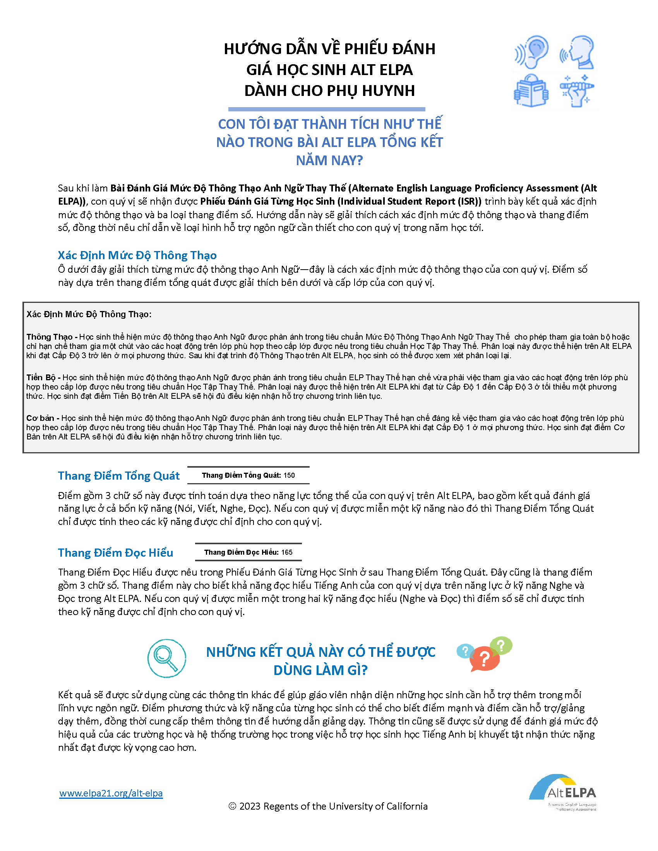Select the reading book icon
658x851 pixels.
531,91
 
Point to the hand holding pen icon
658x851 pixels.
577,91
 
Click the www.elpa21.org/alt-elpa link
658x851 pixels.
111,793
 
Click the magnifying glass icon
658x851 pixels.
166,658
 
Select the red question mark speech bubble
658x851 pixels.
484,659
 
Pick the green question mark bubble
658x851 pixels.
501,646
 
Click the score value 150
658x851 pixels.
289,475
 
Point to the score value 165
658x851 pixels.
286,552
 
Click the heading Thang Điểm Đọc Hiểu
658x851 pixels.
115,552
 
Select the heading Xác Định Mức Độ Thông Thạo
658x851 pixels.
137,255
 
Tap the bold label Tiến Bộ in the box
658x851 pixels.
41,377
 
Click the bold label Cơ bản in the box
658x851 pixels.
40,418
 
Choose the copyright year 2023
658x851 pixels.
250,806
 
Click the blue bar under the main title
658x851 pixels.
326,109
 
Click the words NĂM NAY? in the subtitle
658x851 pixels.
329,160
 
